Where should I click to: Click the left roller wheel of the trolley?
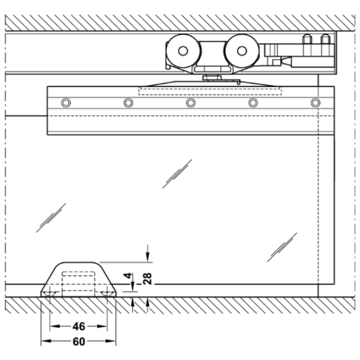(183, 51)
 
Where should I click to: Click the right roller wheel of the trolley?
(242, 51)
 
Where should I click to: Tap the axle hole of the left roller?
(183, 51)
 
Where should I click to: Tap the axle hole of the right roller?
(242, 51)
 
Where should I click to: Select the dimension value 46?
(79, 326)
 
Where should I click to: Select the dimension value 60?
(79, 341)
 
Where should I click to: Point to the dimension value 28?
(147, 278)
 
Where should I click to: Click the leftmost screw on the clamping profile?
(66, 103)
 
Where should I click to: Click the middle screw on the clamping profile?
(191, 103)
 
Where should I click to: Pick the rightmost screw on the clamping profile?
(316, 103)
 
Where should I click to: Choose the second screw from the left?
(128, 103)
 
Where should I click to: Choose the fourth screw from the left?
(253, 103)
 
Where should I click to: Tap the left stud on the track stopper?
(307, 39)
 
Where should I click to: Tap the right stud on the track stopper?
(325, 39)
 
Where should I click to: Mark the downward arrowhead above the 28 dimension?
(148, 257)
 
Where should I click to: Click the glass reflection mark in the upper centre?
(177, 174)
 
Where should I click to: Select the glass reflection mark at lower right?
(282, 247)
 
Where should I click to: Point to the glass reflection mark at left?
(51, 218)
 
